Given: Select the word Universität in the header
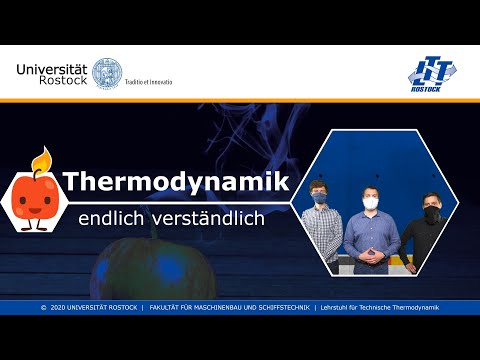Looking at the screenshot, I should tap(52, 68).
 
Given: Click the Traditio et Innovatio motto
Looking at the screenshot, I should tap(147, 81).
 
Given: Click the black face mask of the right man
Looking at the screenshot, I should tap(431, 213).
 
